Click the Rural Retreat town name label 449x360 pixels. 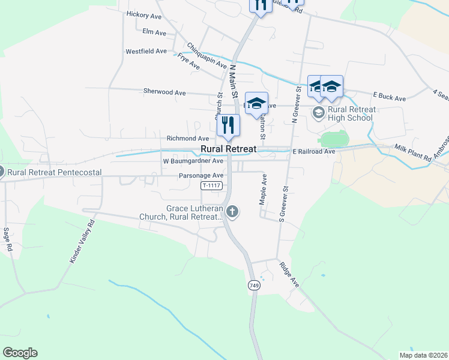click(228, 149)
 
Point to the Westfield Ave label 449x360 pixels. click(146, 52)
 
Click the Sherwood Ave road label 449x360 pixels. click(164, 92)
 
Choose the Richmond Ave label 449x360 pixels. click(188, 138)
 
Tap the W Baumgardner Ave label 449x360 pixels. click(193, 161)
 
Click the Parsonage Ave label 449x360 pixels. click(201, 176)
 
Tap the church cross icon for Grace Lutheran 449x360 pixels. click(232, 211)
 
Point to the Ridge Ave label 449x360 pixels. click(289, 274)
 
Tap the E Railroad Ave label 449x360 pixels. click(314, 152)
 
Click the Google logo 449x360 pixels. click(20, 353)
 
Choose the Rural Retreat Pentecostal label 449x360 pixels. click(54, 172)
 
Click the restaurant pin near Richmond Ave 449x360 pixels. click(228, 125)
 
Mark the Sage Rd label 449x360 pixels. click(8, 239)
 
